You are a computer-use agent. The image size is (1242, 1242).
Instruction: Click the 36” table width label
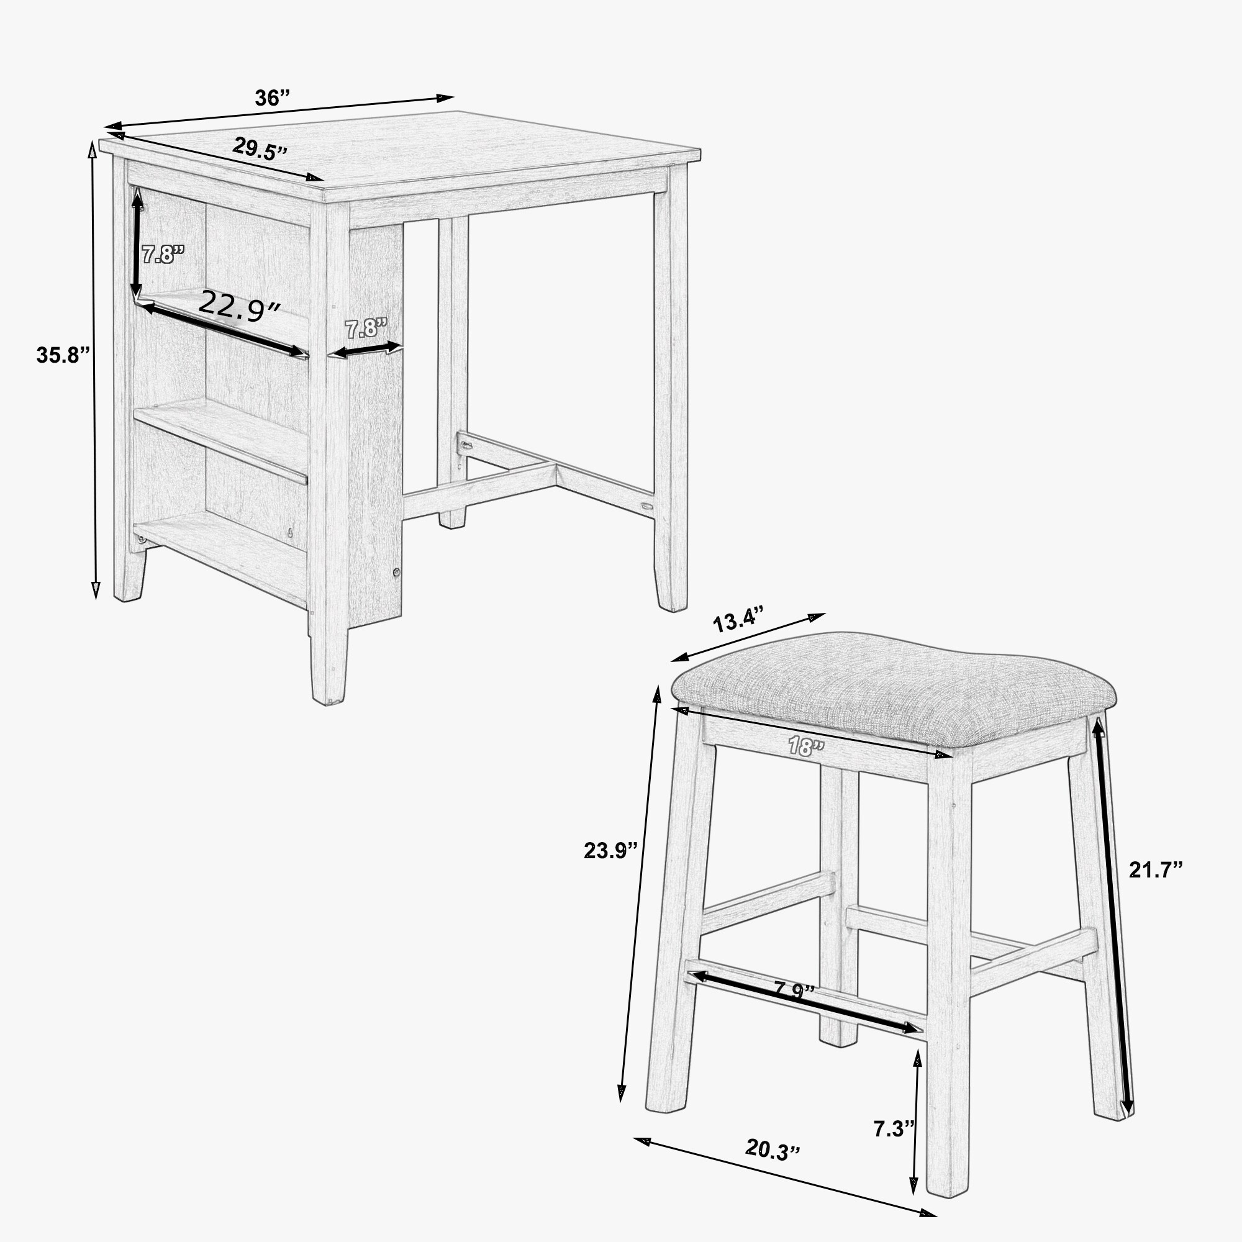[273, 98]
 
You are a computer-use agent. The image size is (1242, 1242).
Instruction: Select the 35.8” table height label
[61, 354]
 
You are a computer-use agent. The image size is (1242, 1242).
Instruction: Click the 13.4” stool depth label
[738, 622]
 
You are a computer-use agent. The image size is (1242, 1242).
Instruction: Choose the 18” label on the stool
[806, 746]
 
